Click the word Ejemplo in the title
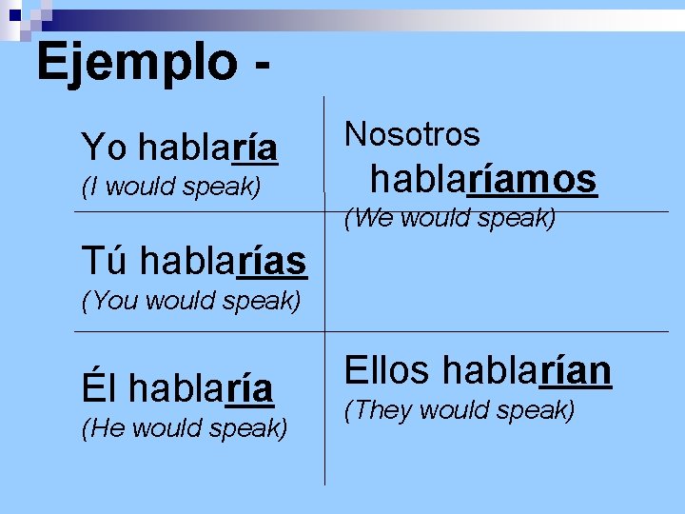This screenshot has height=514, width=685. [135, 63]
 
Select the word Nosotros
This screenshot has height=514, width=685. [412, 134]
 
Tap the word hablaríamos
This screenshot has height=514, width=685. [483, 178]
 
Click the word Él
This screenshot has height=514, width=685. [100, 387]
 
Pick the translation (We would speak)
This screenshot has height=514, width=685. [449, 219]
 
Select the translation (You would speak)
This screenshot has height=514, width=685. [191, 303]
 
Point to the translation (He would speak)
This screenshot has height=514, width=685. [185, 429]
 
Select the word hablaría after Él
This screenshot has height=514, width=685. [202, 387]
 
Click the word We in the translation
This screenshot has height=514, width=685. [375, 219]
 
